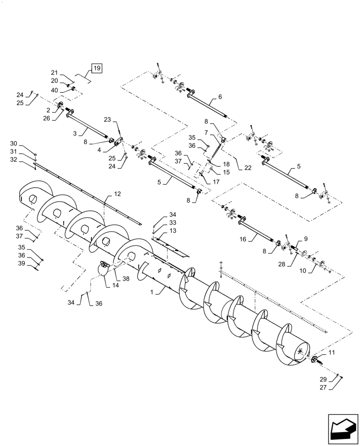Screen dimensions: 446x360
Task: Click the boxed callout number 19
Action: pos(97,68)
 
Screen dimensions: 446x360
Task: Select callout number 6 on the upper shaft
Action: pos(220,97)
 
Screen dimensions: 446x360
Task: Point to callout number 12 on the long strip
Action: pos(117,194)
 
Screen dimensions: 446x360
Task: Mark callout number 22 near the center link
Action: pos(248,168)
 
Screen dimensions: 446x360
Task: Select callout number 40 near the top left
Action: pos(54,90)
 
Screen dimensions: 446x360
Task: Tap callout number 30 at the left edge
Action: pos(26,144)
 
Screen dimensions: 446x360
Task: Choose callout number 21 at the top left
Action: pos(54,73)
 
